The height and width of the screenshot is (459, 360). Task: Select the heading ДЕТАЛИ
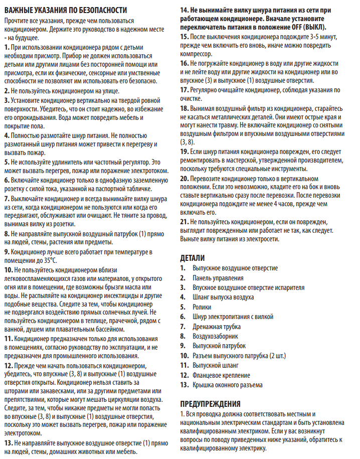point(192,258)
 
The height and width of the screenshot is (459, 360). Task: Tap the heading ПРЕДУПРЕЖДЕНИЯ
point(210,403)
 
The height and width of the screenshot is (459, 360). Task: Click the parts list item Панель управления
point(218,277)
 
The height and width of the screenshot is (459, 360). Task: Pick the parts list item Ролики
point(203,307)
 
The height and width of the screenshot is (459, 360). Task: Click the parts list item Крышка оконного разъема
point(227,385)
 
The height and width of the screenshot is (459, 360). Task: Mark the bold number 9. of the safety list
point(6,251)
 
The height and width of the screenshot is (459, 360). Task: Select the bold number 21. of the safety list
point(184,221)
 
